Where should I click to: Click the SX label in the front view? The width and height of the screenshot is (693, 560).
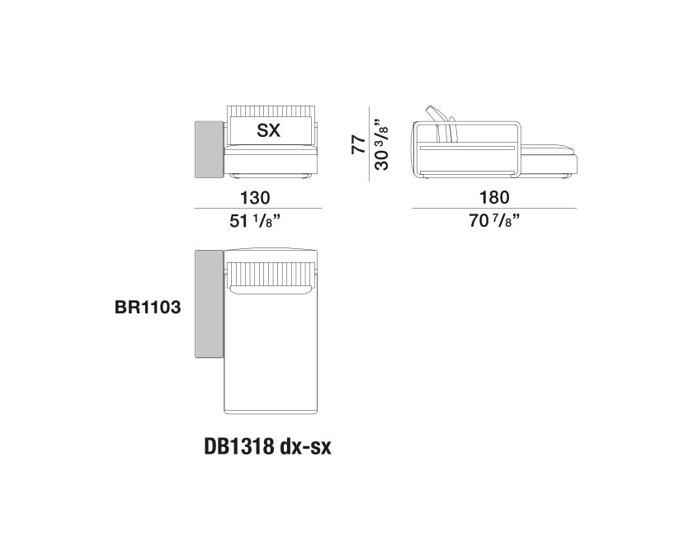click(x=268, y=130)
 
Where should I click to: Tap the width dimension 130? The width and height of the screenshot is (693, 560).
click(x=256, y=198)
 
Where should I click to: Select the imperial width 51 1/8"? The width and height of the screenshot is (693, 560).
click(x=256, y=221)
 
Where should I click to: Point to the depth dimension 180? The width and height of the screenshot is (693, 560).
click(x=494, y=198)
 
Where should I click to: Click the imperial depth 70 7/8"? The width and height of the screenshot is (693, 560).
click(x=494, y=221)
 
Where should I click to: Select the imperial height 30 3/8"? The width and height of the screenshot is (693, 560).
click(x=382, y=145)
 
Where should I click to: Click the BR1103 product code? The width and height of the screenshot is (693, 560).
click(x=148, y=305)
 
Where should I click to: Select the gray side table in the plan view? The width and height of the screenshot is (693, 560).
click(x=208, y=304)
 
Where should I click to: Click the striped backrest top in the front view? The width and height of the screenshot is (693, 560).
click(x=271, y=111)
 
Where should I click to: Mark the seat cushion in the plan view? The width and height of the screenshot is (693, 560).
click(x=271, y=351)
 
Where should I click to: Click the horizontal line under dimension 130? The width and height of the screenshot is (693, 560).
click(x=256, y=209)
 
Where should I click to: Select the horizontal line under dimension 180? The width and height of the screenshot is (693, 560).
click(x=494, y=209)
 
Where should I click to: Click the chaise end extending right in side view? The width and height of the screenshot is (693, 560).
click(x=551, y=158)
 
